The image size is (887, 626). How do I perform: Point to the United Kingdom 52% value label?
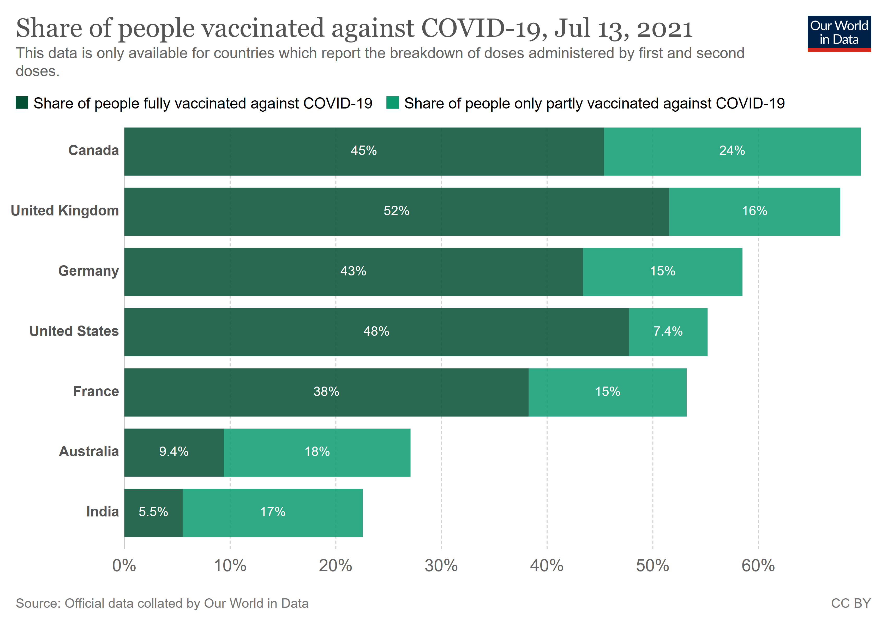[x=396, y=211]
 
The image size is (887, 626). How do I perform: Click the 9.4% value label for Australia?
[x=174, y=452]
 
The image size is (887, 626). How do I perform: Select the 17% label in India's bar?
[x=273, y=512]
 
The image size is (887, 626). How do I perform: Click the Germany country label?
[x=88, y=271]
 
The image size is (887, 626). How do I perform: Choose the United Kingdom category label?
[x=65, y=211]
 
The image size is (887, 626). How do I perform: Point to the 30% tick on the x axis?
[x=441, y=566]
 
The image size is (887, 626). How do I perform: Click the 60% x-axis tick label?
[x=758, y=566]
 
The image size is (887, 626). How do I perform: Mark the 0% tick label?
[x=124, y=566]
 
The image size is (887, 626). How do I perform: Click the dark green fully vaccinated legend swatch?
[x=22, y=103]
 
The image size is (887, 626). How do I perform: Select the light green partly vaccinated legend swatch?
[x=393, y=103]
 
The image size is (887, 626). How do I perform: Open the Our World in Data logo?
[x=839, y=33]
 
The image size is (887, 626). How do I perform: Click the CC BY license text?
[x=851, y=604]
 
